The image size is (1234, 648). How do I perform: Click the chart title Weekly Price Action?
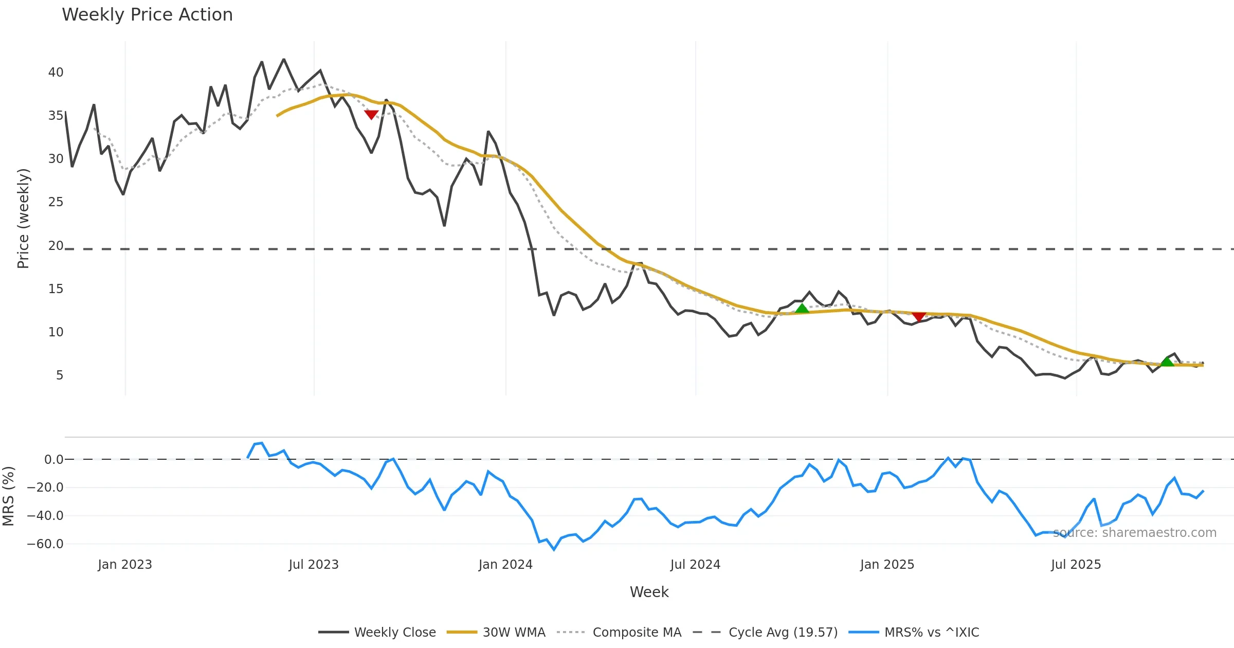coord(147,15)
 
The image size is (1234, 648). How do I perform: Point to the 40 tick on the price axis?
coord(56,73)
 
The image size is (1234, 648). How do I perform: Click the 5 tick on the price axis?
coord(60,375)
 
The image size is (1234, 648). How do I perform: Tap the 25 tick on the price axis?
coord(56,202)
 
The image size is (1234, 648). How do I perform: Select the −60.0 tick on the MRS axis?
coord(46,544)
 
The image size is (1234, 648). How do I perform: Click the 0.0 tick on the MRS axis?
coord(54,460)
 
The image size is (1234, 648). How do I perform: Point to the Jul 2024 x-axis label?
coord(695,565)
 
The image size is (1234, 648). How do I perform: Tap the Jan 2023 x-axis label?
coord(125,565)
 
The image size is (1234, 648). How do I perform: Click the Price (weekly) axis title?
coord(24,219)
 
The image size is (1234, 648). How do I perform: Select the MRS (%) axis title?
coord(9,496)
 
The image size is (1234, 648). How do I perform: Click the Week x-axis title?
coord(649,592)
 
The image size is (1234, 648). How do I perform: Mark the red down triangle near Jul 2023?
coord(371,114)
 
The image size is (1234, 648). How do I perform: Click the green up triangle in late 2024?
coord(802,309)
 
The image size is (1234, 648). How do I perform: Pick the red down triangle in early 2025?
coord(919,316)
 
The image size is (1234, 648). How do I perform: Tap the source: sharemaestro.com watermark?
coord(1135,533)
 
